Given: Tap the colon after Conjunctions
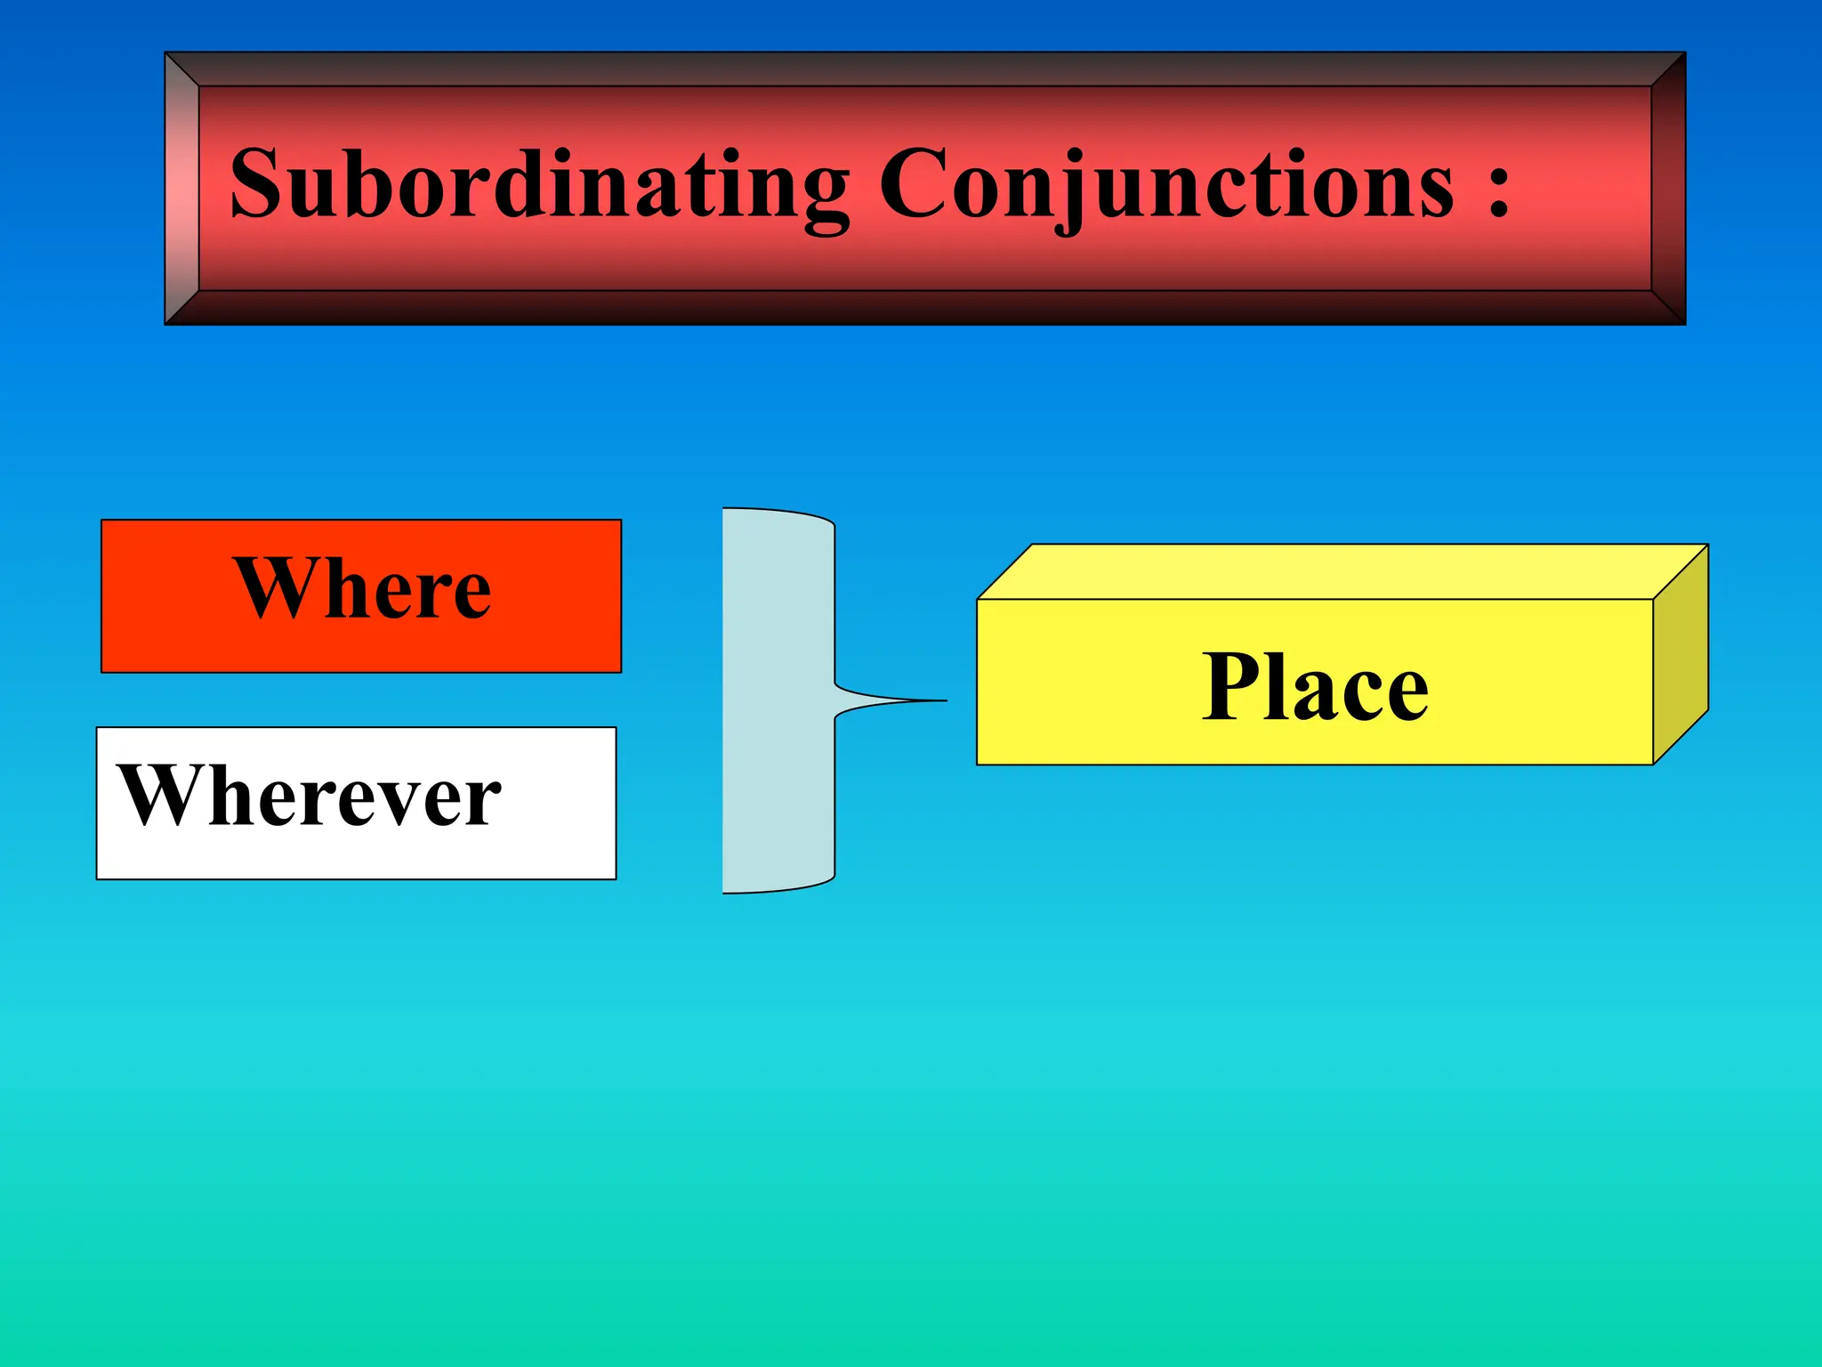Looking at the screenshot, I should click(1498, 189).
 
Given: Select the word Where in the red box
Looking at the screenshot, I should click(362, 588).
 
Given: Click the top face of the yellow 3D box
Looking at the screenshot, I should click(1334, 571).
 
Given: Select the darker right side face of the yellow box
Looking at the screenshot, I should click(1681, 654).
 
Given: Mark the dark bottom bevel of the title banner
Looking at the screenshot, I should click(925, 308).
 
